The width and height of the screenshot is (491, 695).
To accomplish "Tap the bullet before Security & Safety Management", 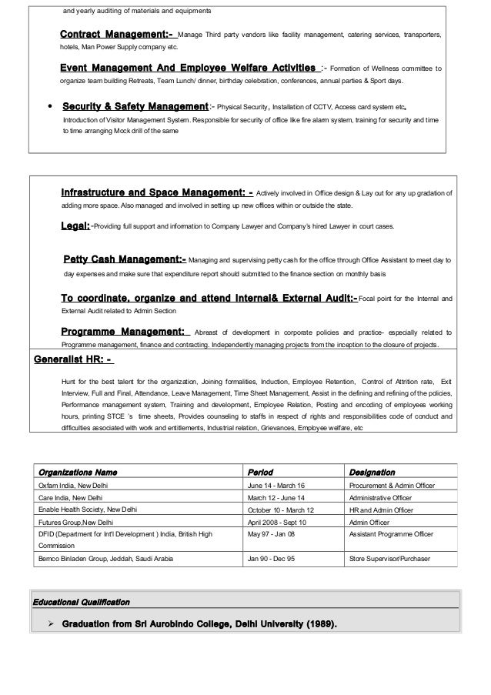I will coord(50,106).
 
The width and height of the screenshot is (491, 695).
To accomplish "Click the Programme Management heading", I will coord(123,332).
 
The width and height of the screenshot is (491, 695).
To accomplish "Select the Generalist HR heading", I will coord(73,358).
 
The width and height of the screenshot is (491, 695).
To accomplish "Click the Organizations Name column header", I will coord(78,471).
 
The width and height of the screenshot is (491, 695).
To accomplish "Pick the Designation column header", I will coord(372,471).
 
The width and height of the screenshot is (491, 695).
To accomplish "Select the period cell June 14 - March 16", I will coord(276,486).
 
